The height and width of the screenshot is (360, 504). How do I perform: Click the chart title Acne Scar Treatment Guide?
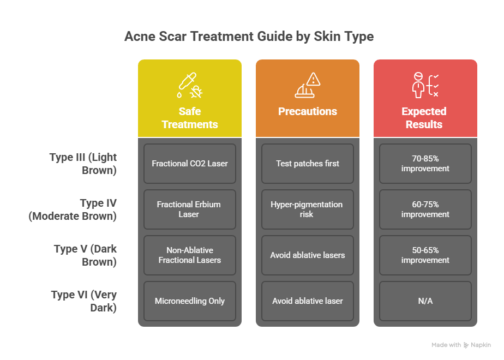tap(249, 37)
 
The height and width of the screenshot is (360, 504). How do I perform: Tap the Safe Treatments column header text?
tap(190, 118)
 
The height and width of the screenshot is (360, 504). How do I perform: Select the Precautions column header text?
tap(308, 111)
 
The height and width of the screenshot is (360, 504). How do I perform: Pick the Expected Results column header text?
tap(424, 118)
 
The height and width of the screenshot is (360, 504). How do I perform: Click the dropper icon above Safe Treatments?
tap(190, 85)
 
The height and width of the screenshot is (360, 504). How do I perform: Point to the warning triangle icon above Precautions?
tap(308, 85)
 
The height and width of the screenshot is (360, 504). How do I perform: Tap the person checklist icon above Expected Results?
tap(425, 85)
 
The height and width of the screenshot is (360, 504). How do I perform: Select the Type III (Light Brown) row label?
tap(83, 164)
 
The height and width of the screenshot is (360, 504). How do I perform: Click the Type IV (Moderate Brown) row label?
tap(73, 209)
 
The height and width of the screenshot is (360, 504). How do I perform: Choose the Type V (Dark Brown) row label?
tap(85, 255)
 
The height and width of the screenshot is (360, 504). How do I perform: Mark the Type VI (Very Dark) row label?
tap(84, 301)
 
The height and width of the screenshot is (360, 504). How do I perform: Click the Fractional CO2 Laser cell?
tap(190, 164)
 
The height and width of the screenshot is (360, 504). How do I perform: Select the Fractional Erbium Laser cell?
tap(190, 209)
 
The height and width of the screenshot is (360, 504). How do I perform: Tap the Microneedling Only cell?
tap(190, 301)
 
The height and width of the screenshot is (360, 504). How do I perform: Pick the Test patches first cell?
tap(308, 164)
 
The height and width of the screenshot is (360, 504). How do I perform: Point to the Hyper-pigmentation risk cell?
tap(308, 209)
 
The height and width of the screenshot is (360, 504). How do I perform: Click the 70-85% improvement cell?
tap(425, 164)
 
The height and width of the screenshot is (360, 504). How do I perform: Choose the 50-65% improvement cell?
tap(425, 255)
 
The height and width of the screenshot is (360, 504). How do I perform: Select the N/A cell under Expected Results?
tap(425, 301)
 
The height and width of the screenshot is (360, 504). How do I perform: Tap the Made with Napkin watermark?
tap(461, 345)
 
